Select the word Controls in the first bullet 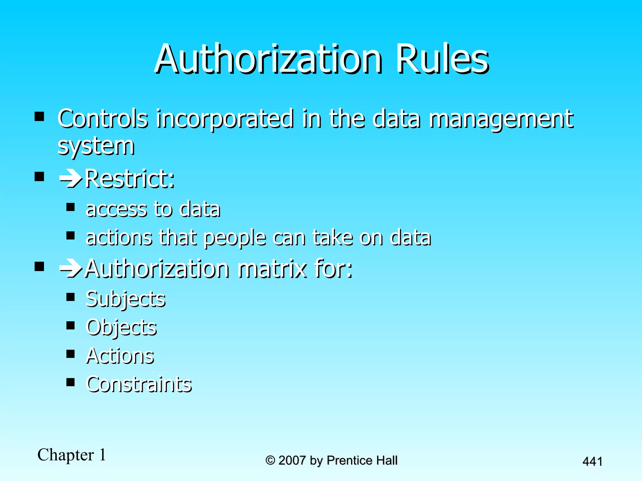coord(103,119)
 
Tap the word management coord(501,119)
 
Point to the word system coord(96,146)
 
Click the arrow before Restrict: coord(71,179)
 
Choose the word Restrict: coord(129,179)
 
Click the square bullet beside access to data coord(71,207)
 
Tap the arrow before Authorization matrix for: coord(71,269)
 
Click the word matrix coord(272,269)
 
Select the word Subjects coord(125,299)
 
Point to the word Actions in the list coord(120,356)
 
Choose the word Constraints coord(139,384)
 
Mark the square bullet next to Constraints coord(71,382)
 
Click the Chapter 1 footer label coord(72,455)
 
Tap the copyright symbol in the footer coord(270,460)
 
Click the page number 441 coord(592,462)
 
